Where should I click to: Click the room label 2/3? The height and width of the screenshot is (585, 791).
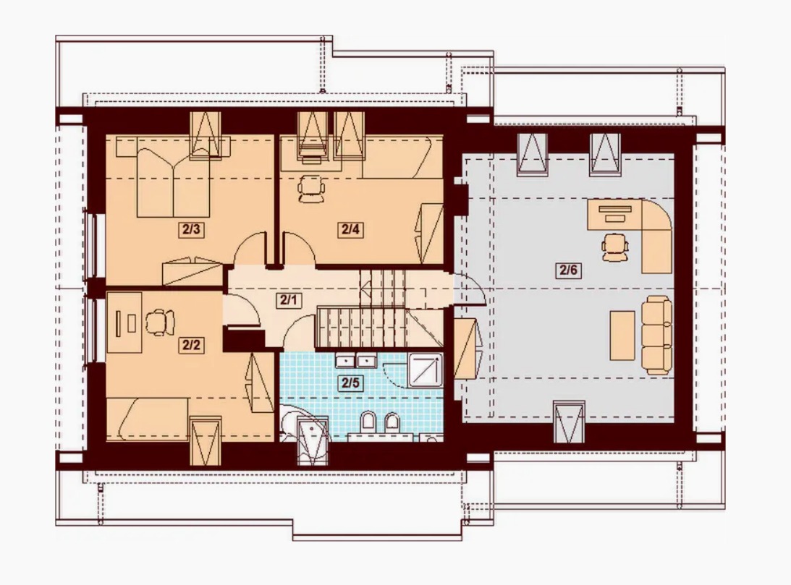[191, 230]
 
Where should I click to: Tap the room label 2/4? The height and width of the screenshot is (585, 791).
[350, 230]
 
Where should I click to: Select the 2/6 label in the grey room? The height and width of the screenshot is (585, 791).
[568, 270]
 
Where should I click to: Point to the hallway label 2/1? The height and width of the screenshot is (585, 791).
[289, 301]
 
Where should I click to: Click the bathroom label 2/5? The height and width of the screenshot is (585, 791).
[350, 383]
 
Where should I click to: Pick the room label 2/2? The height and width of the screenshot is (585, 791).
[191, 345]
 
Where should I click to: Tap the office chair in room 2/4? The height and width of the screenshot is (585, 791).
[311, 189]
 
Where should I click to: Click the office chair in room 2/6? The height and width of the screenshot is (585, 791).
[615, 247]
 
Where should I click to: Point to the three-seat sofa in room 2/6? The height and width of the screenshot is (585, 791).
[657, 335]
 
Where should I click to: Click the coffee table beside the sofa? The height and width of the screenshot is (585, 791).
[622, 335]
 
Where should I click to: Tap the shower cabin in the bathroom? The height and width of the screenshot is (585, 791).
[426, 370]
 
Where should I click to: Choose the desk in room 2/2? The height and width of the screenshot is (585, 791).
[124, 323]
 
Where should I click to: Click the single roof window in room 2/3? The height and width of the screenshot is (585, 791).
[206, 135]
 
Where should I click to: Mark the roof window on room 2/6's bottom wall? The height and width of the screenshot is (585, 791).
[570, 422]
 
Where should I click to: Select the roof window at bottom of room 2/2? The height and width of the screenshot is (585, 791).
[206, 441]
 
